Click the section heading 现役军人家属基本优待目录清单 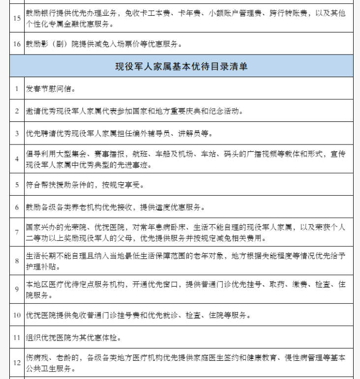pyautogui.click(x=181, y=66)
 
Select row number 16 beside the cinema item pyautogui.click(x=17, y=45)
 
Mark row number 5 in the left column pyautogui.click(x=17, y=185)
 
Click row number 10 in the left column pyautogui.click(x=17, y=316)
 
